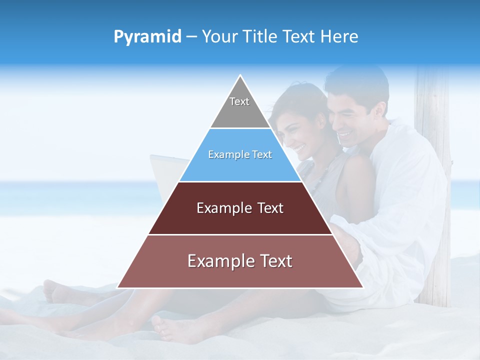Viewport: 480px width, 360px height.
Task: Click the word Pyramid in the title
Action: pos(147,37)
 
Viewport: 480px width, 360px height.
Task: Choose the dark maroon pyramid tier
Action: pos(240,220)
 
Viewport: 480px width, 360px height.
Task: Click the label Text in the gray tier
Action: pos(239,101)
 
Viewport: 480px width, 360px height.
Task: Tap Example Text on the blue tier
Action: pos(240,154)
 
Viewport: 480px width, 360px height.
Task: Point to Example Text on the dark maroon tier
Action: pos(240,208)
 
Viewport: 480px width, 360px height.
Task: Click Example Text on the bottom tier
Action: pos(240,261)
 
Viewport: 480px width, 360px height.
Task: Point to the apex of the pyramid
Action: pos(240,76)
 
